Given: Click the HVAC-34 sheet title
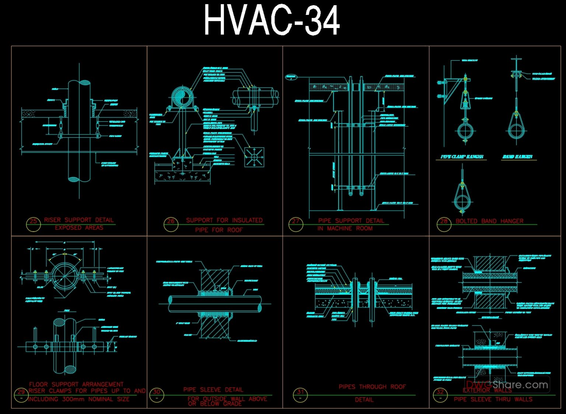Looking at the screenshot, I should coord(272,21).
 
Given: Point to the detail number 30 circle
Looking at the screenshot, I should coord(157,394).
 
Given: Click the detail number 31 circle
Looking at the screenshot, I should coord(300,394).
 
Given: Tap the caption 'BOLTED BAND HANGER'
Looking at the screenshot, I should coord(489,221).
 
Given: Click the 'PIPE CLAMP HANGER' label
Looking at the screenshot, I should coord(462,157).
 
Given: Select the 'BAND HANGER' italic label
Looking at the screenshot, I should coord(517,157).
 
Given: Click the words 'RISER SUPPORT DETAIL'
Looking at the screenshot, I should coord(78,220).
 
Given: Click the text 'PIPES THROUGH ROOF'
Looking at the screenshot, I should coord(372,387).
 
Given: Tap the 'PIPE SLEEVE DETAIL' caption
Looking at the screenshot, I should coord(213,390).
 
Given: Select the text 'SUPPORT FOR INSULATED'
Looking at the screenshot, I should coord(224,220).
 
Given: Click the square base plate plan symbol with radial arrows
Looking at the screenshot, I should coord(254,157).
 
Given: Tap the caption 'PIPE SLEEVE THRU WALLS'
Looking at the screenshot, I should coord(493,399).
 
